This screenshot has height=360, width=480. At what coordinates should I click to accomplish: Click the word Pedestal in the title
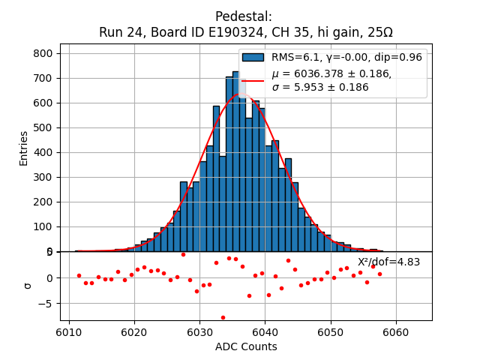click(243, 16)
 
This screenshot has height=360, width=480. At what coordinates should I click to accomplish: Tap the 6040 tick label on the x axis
click(265, 332)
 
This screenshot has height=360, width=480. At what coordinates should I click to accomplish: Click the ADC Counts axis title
click(246, 346)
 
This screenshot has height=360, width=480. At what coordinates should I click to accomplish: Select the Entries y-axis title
click(23, 148)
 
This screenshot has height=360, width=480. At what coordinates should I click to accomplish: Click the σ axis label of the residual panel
click(28, 286)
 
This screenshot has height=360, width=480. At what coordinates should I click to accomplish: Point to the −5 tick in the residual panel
click(46, 304)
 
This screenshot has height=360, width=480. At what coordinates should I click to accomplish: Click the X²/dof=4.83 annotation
click(388, 262)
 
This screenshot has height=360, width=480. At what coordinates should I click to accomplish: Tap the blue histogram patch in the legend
click(253, 57)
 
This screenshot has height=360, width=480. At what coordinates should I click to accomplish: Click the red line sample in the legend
click(253, 80)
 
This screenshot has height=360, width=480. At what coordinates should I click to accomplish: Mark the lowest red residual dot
click(223, 317)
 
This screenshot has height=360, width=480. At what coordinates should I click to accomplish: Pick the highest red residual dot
click(183, 254)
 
